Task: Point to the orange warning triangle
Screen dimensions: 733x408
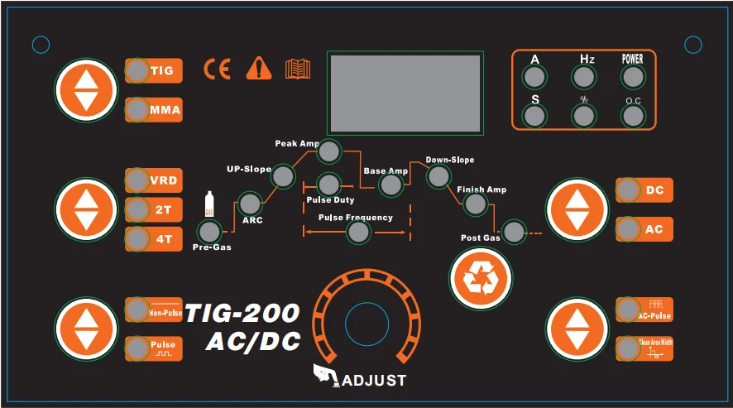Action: pyautogui.click(x=258, y=70)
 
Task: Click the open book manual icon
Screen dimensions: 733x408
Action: pyautogui.click(x=298, y=70)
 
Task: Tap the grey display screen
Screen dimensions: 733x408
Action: pyautogui.click(x=405, y=94)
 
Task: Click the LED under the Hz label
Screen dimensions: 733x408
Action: pyautogui.click(x=584, y=77)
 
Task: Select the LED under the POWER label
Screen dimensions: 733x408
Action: pyautogui.click(x=633, y=77)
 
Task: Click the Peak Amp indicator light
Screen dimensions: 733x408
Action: pyautogui.click(x=329, y=151)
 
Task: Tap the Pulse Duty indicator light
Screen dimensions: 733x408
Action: pyautogui.click(x=328, y=184)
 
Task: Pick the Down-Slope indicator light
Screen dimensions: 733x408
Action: pyautogui.click(x=438, y=175)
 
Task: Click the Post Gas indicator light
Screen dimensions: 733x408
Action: pyautogui.click(x=514, y=232)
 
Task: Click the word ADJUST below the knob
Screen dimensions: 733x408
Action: pyautogui.click(x=374, y=381)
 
